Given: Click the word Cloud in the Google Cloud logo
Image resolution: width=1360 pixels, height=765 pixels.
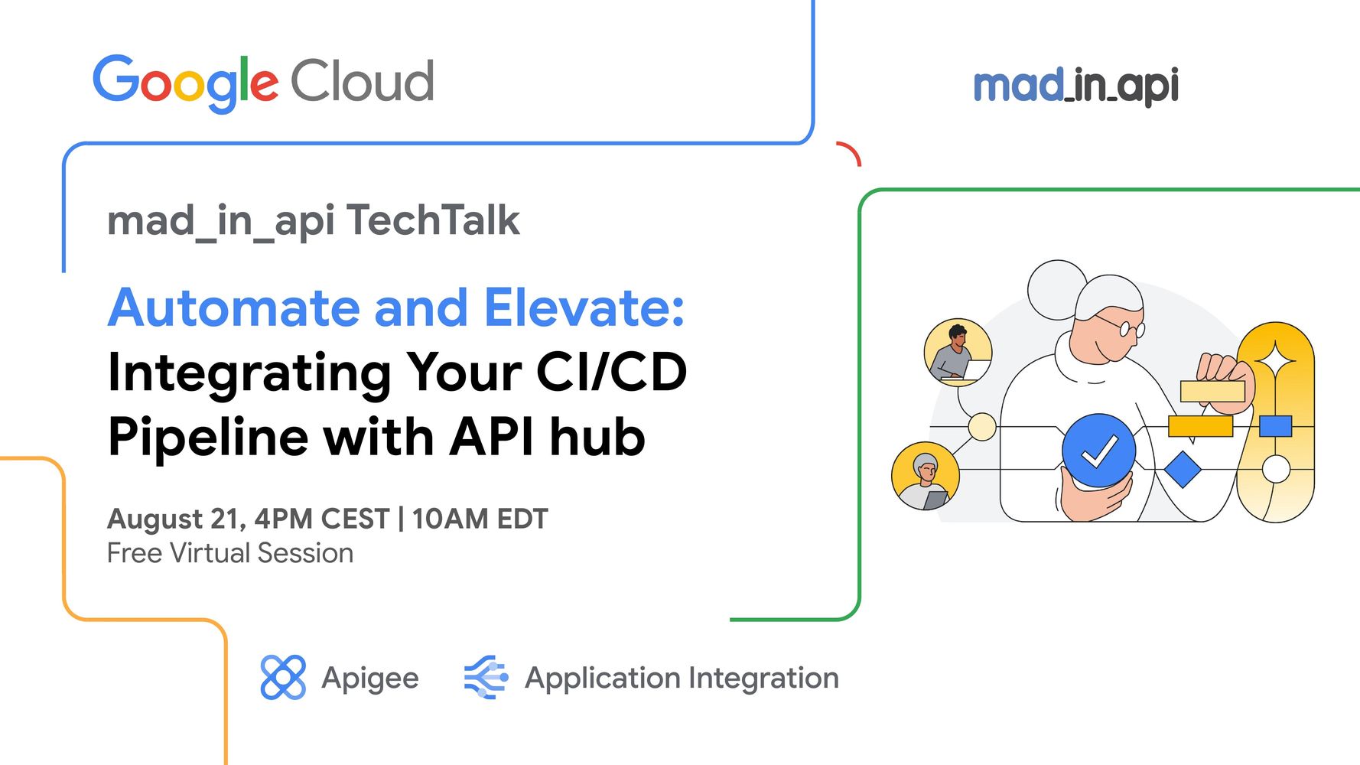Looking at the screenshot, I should pyautogui.click(x=363, y=81).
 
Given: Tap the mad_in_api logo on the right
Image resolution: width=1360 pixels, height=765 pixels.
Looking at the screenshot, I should pyautogui.click(x=1075, y=85).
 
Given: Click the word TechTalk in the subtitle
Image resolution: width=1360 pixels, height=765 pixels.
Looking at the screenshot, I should pyautogui.click(x=433, y=220).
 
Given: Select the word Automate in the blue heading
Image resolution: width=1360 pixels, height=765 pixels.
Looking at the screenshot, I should pyautogui.click(x=233, y=308).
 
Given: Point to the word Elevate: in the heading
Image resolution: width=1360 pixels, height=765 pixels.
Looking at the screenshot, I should pyautogui.click(x=584, y=308).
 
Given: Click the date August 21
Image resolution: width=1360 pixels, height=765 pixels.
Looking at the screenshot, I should pyautogui.click(x=176, y=519).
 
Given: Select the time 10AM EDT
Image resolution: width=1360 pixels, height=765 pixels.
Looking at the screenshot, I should pyautogui.click(x=480, y=519).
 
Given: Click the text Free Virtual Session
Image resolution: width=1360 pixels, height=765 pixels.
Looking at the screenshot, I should pyautogui.click(x=230, y=553).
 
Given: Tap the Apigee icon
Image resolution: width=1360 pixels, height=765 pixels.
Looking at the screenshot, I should pyautogui.click(x=282, y=677).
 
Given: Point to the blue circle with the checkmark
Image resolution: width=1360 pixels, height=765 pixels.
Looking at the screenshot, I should pyautogui.click(x=1098, y=451).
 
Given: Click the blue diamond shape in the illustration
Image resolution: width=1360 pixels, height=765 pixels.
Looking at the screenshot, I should pyautogui.click(x=1182, y=469).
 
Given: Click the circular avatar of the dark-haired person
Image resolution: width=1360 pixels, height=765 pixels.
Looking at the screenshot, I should pyautogui.click(x=958, y=353).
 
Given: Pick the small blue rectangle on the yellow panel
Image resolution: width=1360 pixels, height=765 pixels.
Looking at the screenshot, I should pyautogui.click(x=1275, y=426).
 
